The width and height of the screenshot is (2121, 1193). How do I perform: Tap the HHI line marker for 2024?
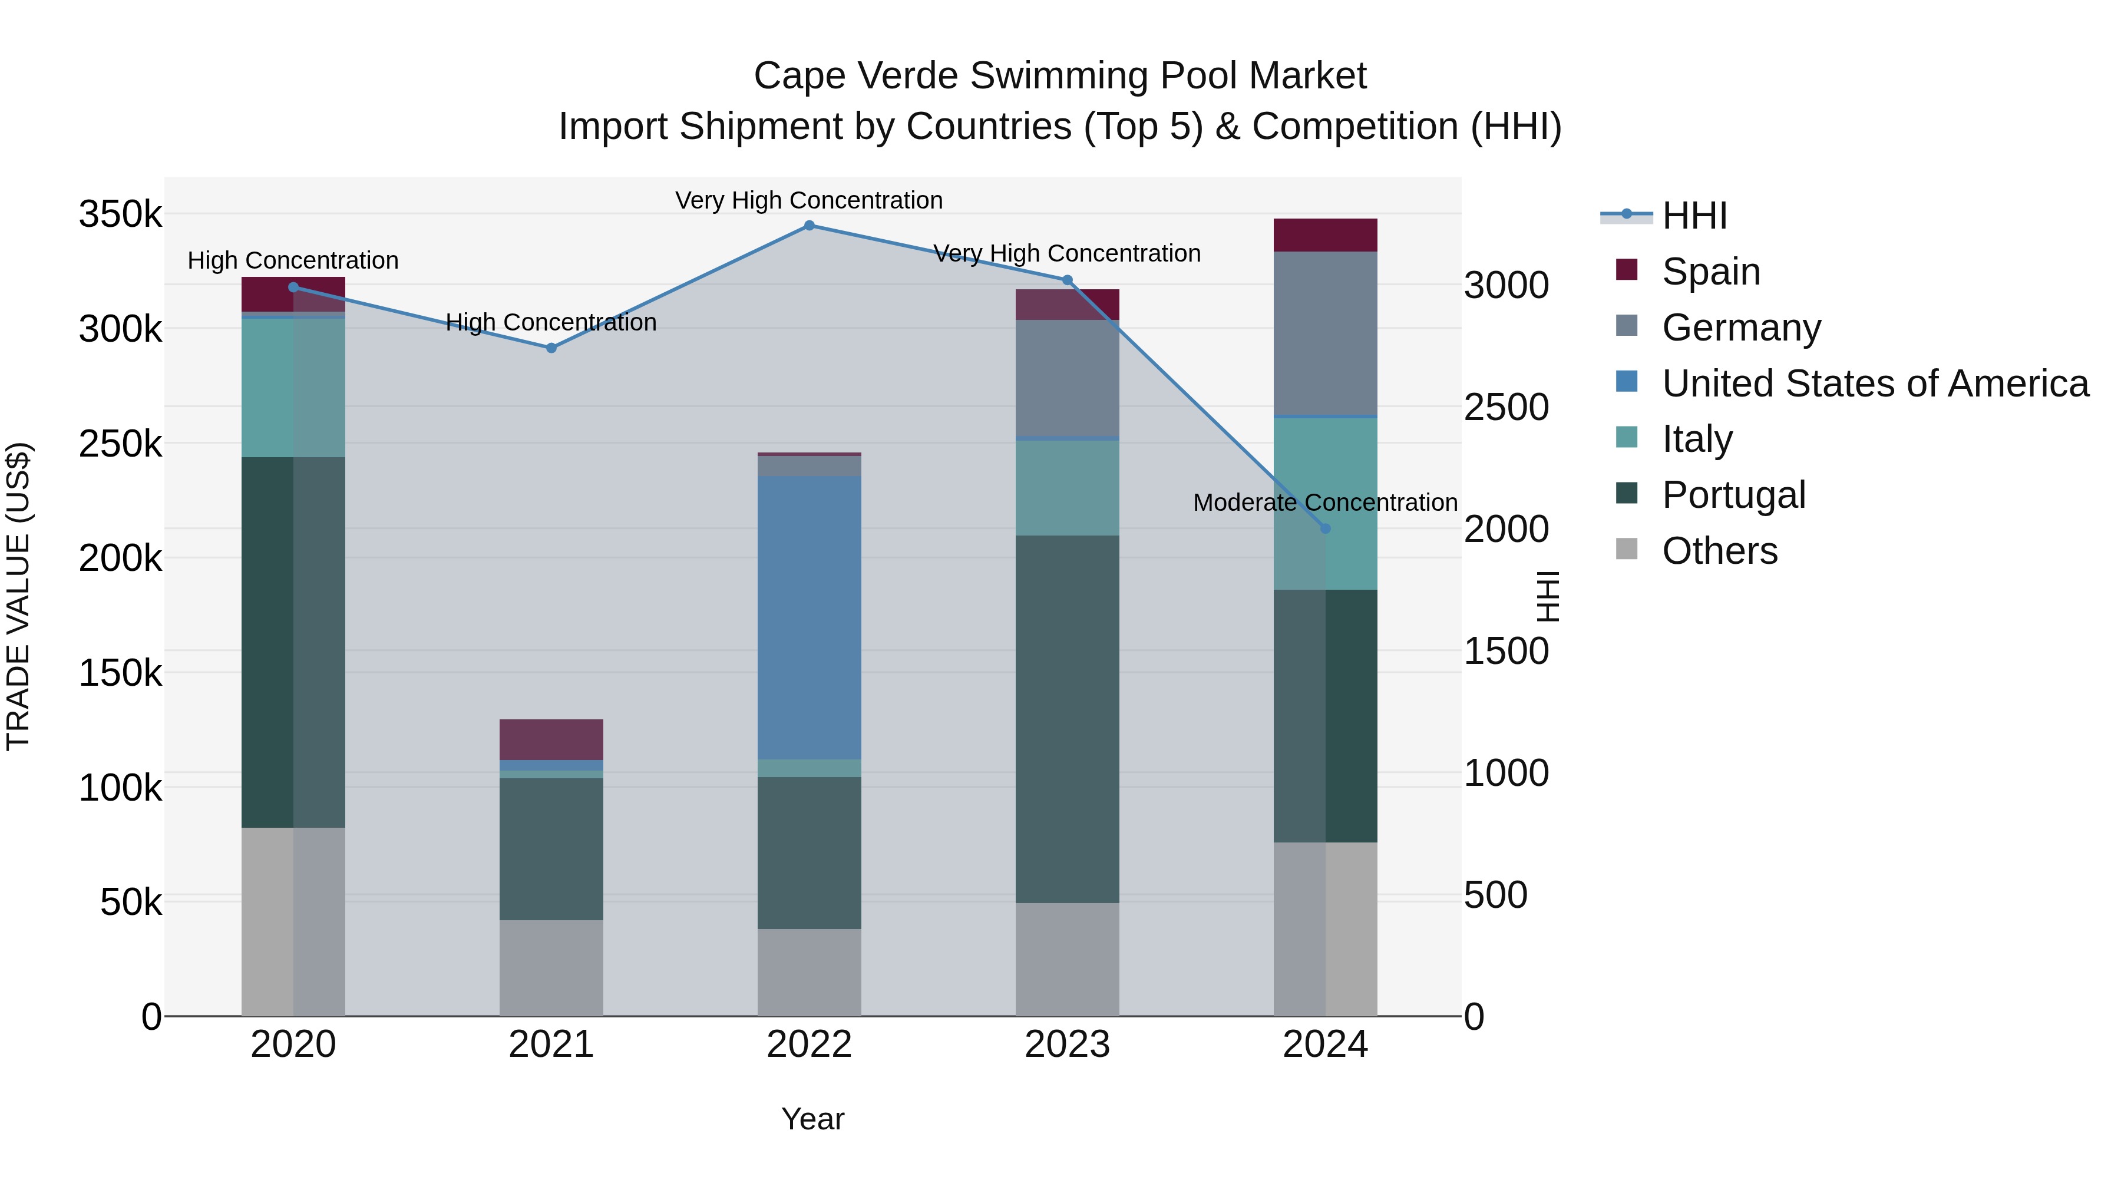[1325, 528]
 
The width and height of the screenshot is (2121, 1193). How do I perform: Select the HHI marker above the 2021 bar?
[551, 348]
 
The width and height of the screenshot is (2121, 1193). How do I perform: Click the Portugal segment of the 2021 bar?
[551, 848]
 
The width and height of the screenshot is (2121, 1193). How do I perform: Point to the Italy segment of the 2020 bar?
[293, 387]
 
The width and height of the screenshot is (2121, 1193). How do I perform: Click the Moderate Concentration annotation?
[1325, 502]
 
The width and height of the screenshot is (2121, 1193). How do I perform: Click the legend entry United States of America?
[1874, 384]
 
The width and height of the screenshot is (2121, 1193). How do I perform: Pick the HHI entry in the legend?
[1694, 216]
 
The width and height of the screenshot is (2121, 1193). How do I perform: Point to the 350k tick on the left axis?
[120, 215]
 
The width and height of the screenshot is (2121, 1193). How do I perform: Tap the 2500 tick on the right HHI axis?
[1506, 408]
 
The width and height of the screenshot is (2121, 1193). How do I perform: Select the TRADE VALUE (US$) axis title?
[18, 596]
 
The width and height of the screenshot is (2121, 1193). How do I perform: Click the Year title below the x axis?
[812, 1119]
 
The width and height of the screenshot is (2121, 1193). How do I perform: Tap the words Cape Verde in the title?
[856, 76]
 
